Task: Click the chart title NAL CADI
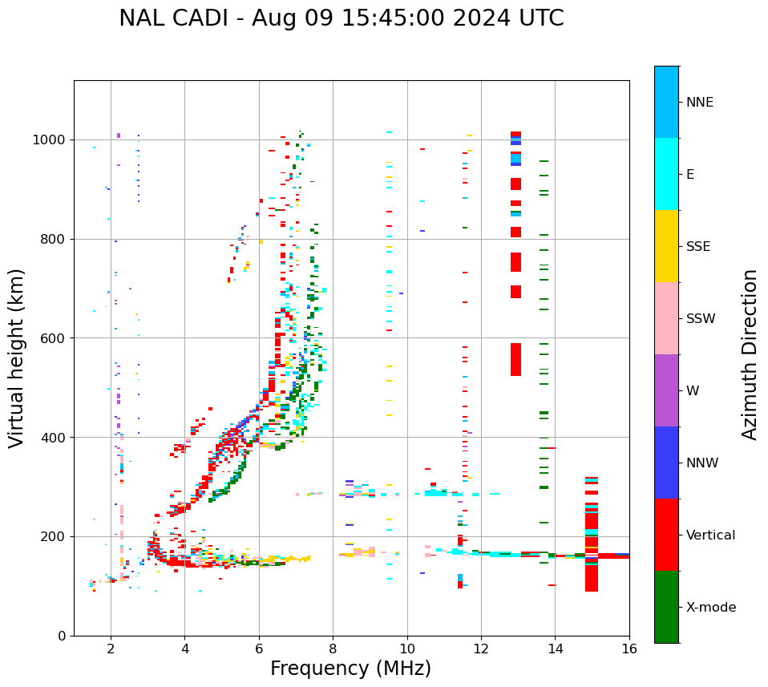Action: pyautogui.click(x=341, y=18)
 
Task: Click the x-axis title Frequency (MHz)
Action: pyautogui.click(x=350, y=669)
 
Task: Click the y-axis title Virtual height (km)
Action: pyautogui.click(x=17, y=358)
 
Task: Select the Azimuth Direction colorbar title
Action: pyautogui.click(x=750, y=354)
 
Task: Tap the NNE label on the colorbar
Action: pyautogui.click(x=700, y=103)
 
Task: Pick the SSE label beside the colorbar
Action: pyautogui.click(x=697, y=247)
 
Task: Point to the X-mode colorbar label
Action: pyautogui.click(x=711, y=608)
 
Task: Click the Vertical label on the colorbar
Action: pyautogui.click(x=710, y=535)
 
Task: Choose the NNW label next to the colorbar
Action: pyautogui.click(x=702, y=463)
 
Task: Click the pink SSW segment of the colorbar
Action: pyautogui.click(x=666, y=318)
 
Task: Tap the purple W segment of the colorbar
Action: pyautogui.click(x=666, y=390)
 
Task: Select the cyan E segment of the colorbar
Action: pyautogui.click(x=666, y=174)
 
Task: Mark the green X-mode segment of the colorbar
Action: pyautogui.click(x=666, y=607)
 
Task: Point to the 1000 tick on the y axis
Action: pyautogui.click(x=51, y=139)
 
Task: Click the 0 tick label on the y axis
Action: pyautogui.click(x=63, y=636)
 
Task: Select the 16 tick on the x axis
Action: pyautogui.click(x=629, y=649)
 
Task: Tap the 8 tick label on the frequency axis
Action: pyautogui.click(x=333, y=649)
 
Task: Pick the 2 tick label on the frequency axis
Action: pyautogui.click(x=111, y=649)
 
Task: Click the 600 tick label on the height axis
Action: pyautogui.click(x=54, y=338)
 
